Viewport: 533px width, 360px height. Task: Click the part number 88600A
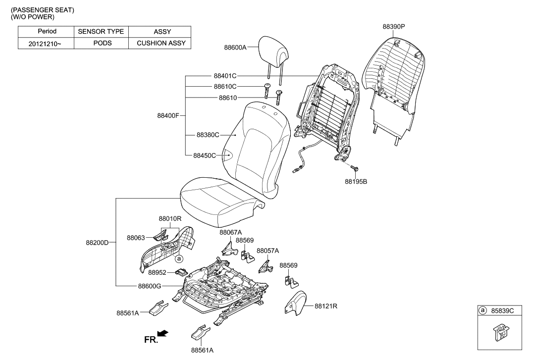point(235,48)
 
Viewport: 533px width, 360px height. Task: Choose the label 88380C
point(208,135)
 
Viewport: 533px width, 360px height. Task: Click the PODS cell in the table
point(102,43)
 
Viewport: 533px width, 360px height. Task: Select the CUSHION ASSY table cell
point(160,43)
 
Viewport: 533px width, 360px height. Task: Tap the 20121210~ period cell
point(46,43)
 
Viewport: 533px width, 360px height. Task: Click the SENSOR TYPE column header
point(102,32)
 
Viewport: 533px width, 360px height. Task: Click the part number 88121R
point(326,306)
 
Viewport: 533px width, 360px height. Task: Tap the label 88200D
point(97,243)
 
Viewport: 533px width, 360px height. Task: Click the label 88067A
point(231,232)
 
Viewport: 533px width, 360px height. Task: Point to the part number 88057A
point(268,251)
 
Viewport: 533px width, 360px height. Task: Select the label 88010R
point(170,218)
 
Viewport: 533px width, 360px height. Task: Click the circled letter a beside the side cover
point(179,258)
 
